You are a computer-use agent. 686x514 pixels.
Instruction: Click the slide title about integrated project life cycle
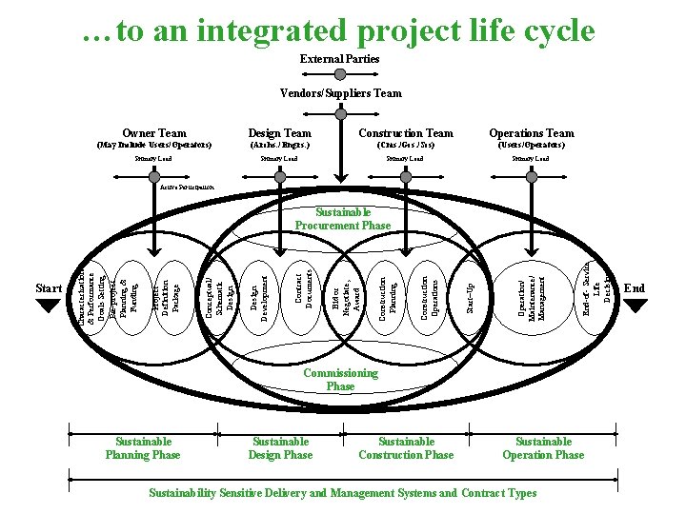(338, 30)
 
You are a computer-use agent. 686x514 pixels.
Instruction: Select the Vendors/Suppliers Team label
(340, 93)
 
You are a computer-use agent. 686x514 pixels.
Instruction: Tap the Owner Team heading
(154, 133)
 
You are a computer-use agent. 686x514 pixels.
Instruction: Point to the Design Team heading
(279, 133)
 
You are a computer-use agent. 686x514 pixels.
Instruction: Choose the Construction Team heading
(406, 133)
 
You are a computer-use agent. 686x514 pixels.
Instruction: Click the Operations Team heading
(532, 133)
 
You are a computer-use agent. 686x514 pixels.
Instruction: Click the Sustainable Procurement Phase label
(343, 219)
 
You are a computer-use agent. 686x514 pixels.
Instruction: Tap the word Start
(48, 288)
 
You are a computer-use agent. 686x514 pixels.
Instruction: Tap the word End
(634, 288)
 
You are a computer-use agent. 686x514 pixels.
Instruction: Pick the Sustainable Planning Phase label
(143, 447)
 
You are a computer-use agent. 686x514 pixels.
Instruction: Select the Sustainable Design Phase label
(280, 447)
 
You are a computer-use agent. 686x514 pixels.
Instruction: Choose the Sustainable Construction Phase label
(406, 447)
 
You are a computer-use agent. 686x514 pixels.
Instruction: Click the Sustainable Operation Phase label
(543, 447)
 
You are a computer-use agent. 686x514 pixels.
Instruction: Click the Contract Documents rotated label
(303, 287)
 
